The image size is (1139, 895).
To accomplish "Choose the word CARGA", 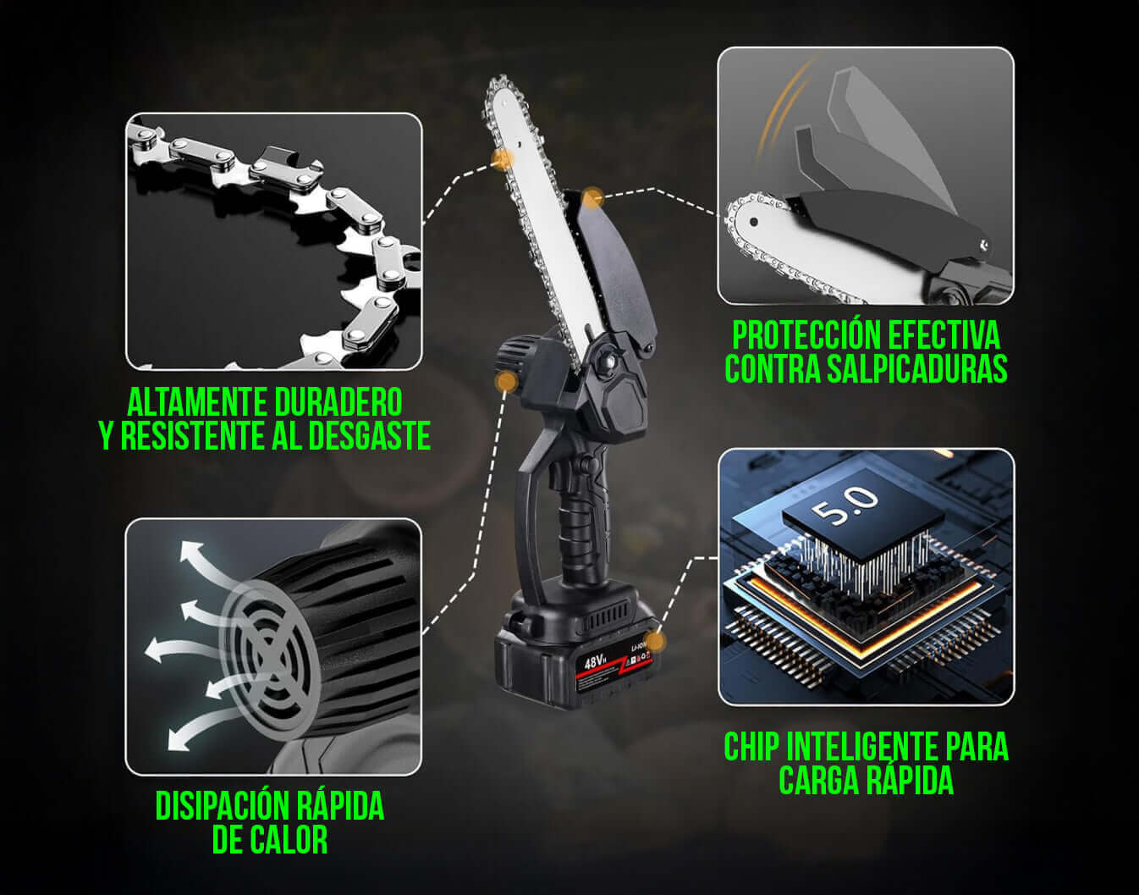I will click(x=817, y=780).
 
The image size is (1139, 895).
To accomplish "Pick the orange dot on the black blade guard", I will click(x=592, y=198).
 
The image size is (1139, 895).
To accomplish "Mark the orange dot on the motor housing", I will click(x=508, y=381).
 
